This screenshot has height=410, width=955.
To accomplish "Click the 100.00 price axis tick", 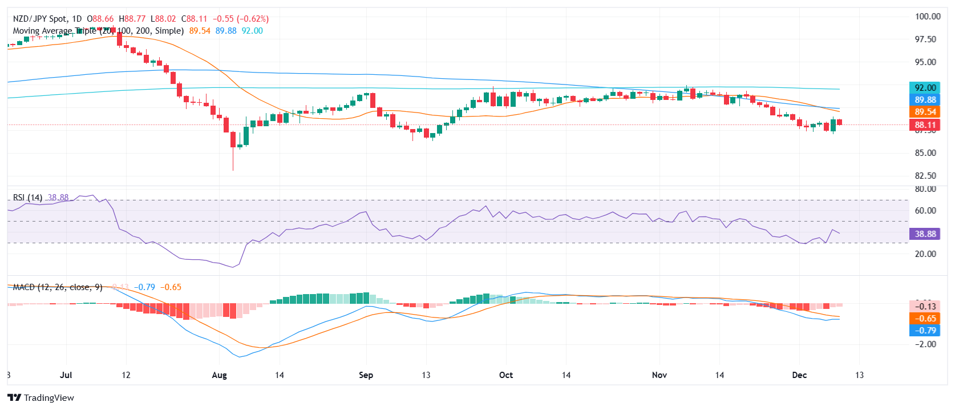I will (x=928, y=17).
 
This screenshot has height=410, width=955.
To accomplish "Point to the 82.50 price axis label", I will (x=925, y=176).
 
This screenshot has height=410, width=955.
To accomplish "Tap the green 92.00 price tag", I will (x=925, y=88).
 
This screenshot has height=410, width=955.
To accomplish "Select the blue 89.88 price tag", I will (x=925, y=100).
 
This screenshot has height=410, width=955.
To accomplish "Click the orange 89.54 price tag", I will (x=925, y=112).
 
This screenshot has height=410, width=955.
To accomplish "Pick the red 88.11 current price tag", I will (x=925, y=125).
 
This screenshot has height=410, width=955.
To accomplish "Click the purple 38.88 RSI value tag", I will (x=925, y=234).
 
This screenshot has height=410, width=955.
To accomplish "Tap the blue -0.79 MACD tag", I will (x=925, y=331).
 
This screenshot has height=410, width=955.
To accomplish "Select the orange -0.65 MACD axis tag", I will (x=925, y=319).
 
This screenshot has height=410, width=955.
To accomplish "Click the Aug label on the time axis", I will (x=219, y=375).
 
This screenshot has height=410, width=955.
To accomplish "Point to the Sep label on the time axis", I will (x=366, y=375).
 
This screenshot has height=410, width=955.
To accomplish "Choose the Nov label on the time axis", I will (x=659, y=375).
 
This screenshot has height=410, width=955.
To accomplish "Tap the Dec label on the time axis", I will (x=799, y=375).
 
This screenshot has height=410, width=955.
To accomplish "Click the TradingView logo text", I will (x=48, y=398).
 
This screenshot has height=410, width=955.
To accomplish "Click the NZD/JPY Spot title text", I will (x=40, y=19).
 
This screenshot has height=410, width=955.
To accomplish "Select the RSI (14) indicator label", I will (x=27, y=198).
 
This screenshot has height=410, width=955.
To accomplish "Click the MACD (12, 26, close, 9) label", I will (x=58, y=287).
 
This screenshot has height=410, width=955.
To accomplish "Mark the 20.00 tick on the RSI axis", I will (x=925, y=254).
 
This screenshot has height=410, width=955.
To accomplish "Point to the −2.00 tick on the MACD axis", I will (x=925, y=344).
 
